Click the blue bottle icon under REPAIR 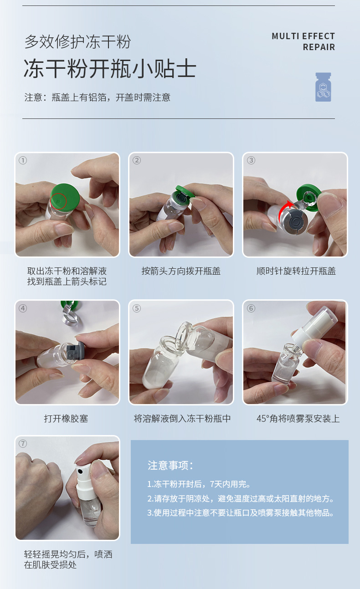point(323,87)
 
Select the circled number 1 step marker point(23,160)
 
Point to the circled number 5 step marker point(136,308)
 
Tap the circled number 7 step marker point(23,444)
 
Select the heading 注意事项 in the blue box point(170,466)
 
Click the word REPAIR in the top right point(319,47)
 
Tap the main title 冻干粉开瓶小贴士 point(110,68)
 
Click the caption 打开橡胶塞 point(66,418)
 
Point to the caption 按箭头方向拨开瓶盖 point(181,271)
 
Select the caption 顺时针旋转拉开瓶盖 point(296,271)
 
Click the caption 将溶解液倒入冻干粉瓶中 point(182,418)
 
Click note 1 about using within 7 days point(199,484)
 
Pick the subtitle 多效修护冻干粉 point(77,41)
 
